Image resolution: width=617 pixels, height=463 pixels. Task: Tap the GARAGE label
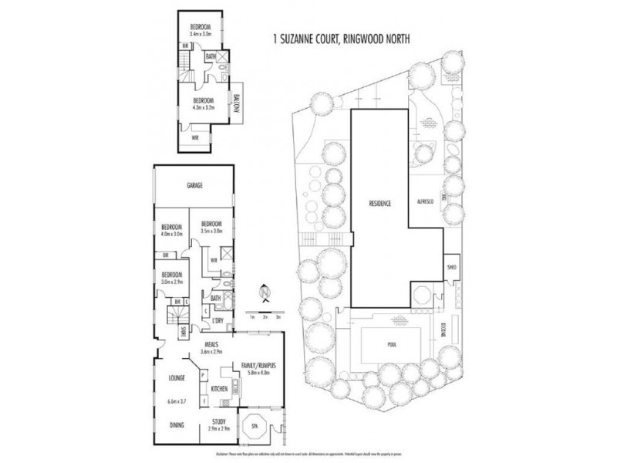tap(194, 187)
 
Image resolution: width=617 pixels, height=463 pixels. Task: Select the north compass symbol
tap(265, 293)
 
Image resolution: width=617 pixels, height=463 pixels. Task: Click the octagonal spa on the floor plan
tap(255, 427)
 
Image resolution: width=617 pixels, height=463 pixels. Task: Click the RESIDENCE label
tap(379, 204)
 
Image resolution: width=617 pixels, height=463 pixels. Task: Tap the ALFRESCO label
tap(425, 201)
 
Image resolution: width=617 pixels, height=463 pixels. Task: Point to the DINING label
tap(178, 424)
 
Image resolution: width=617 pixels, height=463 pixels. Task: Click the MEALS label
tap(212, 344)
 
